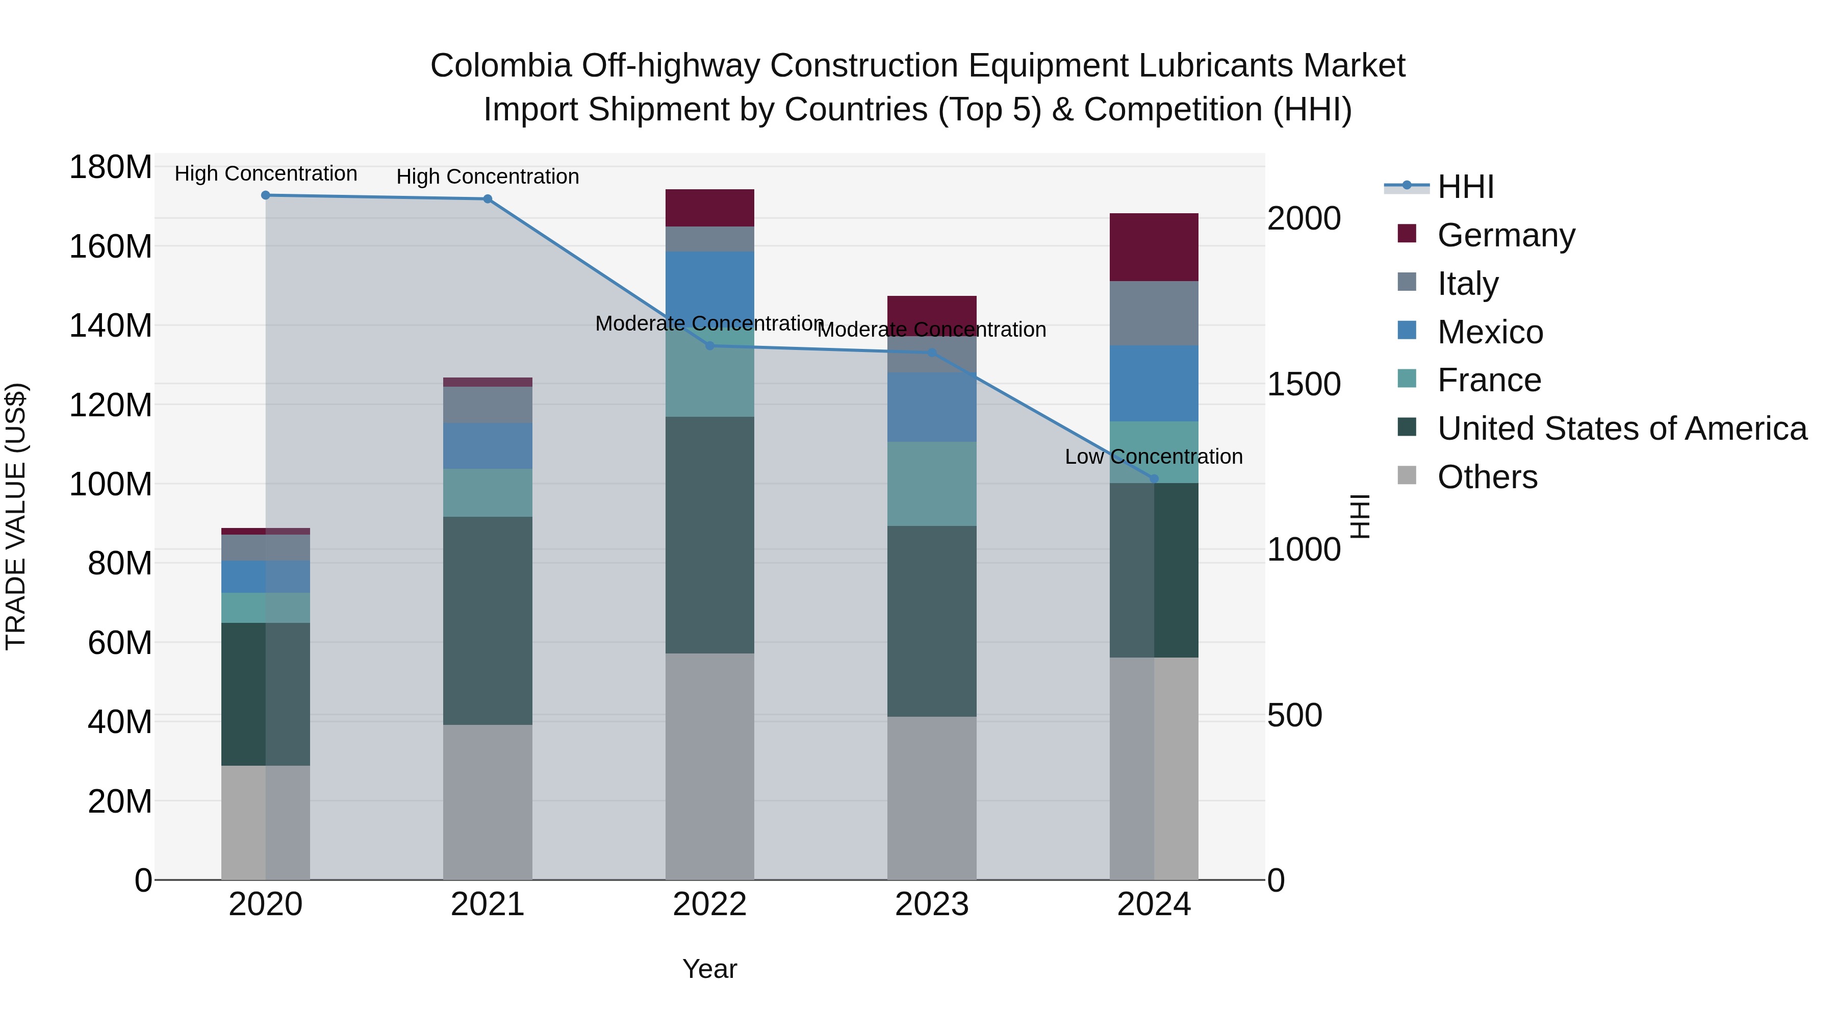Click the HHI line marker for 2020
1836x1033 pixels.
pos(265,195)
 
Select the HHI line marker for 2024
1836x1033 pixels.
pos(1154,479)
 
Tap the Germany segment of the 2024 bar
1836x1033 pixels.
pos(1154,247)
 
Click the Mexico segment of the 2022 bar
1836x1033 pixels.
pos(709,285)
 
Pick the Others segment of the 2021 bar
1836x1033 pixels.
pos(488,802)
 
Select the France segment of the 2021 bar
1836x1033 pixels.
pos(488,493)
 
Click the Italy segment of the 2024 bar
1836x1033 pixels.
pos(1154,313)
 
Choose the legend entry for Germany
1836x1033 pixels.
pos(1506,235)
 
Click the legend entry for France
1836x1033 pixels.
pos(1489,380)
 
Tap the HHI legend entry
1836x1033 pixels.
pos(1465,187)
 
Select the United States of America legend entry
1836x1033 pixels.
pos(1621,429)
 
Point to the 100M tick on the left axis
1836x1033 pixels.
pos(111,485)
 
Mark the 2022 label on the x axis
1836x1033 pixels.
pos(709,904)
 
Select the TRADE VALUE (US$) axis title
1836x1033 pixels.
pos(16,516)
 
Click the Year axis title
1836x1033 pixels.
pos(709,969)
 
